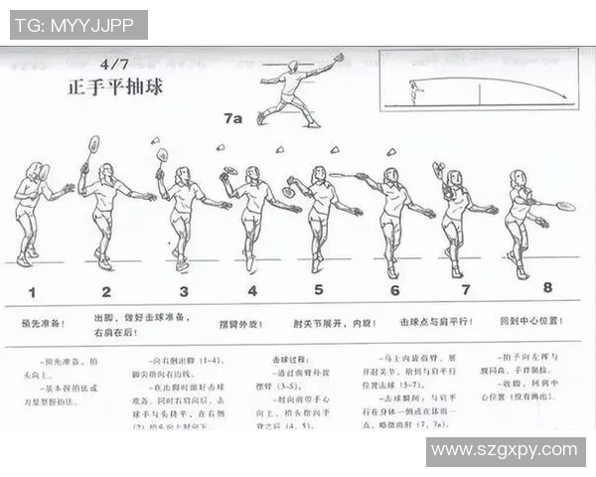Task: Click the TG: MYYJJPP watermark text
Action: click(x=76, y=24)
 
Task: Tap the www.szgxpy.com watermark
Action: click(x=506, y=451)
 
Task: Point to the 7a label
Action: click(x=232, y=118)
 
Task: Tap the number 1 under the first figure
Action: click(x=32, y=292)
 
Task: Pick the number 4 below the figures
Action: click(x=252, y=291)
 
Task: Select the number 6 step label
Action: click(x=394, y=291)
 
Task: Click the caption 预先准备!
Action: click(x=44, y=323)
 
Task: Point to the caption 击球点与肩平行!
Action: click(x=435, y=322)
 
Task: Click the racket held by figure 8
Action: click(x=564, y=207)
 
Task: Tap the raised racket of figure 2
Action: click(x=93, y=144)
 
